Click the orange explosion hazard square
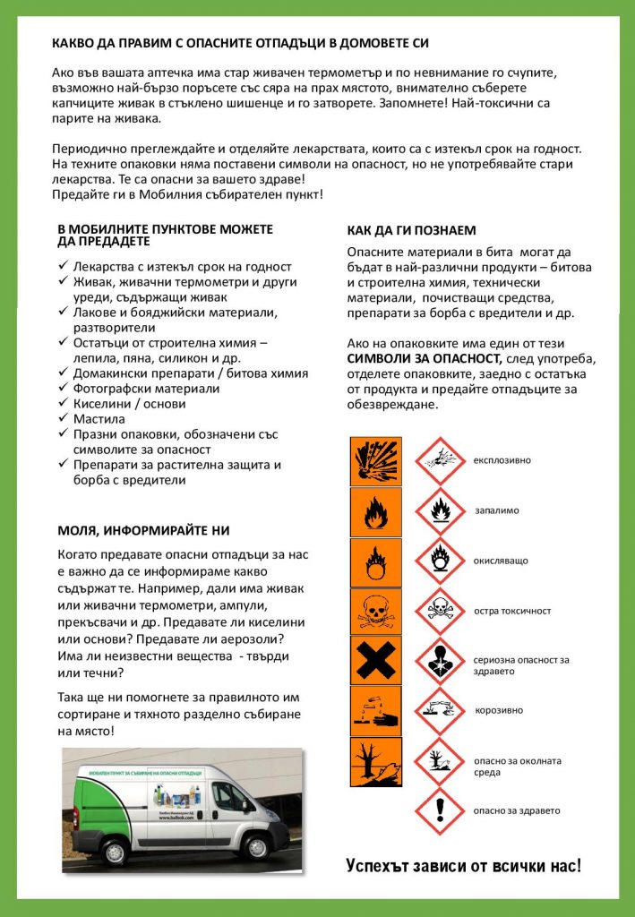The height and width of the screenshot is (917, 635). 375,460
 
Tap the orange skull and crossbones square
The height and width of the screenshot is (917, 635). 375,612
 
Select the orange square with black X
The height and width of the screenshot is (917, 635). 375,661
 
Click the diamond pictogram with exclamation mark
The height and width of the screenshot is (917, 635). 440,810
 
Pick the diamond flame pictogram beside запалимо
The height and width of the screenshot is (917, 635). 440,510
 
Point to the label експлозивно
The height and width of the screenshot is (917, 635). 502,460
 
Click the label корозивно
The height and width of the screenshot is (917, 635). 499,710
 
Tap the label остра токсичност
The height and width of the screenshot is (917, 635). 512,611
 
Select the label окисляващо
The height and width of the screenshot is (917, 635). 501,561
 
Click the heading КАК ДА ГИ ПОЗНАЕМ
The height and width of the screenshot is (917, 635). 411,230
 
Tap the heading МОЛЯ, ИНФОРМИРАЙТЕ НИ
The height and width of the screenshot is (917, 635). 143,530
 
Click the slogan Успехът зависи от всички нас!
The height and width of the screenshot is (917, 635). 463,866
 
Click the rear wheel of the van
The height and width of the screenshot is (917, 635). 114,852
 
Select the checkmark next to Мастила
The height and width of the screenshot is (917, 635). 64,418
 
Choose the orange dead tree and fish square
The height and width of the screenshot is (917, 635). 375,761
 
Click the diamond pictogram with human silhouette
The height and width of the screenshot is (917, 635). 440,661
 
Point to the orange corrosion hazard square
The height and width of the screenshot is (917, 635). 375,711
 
